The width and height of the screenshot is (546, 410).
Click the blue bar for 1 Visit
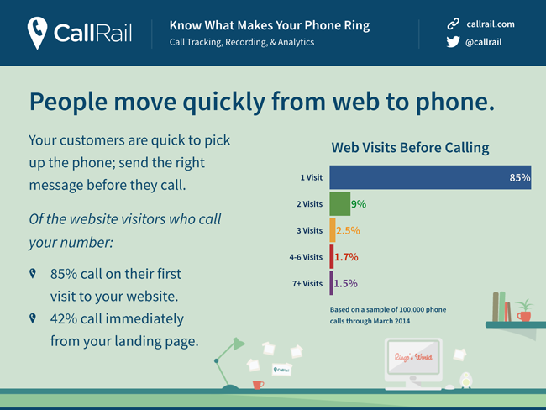click(430, 177)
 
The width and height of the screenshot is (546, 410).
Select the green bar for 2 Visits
click(340, 204)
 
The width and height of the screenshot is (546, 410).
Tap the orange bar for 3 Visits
click(333, 230)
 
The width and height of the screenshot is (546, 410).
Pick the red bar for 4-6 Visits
click(332, 257)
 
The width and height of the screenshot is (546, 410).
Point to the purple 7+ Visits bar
click(331, 283)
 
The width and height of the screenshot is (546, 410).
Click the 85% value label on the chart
click(520, 177)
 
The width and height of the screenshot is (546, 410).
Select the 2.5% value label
click(348, 230)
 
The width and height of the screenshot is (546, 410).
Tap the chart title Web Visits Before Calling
click(410, 148)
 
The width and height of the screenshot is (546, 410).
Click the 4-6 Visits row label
click(306, 257)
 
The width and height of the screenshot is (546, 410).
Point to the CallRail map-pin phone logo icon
click(37, 33)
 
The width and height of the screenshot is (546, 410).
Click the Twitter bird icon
click(453, 42)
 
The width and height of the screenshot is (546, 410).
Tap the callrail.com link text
click(491, 24)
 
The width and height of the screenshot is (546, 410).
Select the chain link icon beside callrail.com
click(453, 24)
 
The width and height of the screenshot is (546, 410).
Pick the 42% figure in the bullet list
click(64, 318)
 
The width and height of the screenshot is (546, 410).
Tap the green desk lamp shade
click(239, 343)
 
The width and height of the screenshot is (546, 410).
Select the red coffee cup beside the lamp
click(258, 385)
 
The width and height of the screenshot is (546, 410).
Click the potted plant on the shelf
click(524, 310)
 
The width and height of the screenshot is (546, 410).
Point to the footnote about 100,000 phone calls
click(388, 315)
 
